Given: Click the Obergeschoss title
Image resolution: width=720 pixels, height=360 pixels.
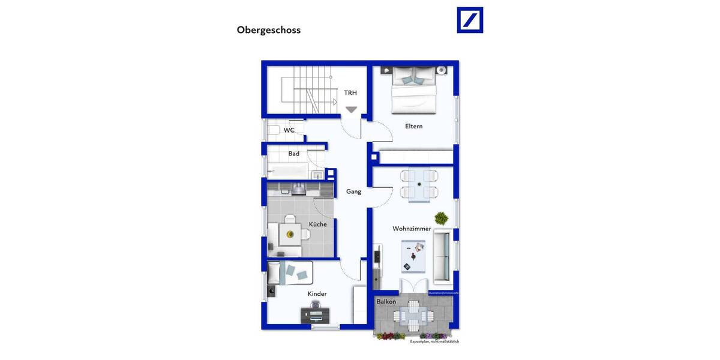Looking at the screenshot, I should click(x=268, y=30).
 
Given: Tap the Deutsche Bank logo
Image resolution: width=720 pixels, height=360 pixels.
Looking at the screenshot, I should click(x=470, y=20).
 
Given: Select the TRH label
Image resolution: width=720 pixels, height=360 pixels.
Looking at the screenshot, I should click(x=350, y=92).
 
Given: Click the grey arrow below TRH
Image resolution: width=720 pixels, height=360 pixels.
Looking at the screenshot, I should click(x=351, y=110).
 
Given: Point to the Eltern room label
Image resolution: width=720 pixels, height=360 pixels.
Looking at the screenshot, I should click(x=413, y=126).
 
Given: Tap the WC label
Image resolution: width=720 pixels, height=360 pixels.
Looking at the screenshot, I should click(x=289, y=130).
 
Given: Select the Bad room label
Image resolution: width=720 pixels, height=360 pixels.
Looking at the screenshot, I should click(x=293, y=154).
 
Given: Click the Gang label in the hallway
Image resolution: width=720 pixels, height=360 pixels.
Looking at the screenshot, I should click(x=353, y=191).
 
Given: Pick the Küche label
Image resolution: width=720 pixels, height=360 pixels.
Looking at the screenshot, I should click(x=318, y=224).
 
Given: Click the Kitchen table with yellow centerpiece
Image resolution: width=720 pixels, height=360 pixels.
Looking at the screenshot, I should click(x=290, y=234).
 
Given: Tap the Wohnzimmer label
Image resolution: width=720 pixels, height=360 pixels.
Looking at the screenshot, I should click(x=412, y=229).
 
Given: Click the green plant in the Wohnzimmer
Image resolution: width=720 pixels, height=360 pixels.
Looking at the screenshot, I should click(x=442, y=218).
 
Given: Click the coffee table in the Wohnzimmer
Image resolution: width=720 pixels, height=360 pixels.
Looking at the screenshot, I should click(x=413, y=256).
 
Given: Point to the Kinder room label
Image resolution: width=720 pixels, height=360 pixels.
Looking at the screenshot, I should click(x=317, y=293).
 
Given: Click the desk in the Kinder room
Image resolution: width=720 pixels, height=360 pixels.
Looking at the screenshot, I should click(x=315, y=315).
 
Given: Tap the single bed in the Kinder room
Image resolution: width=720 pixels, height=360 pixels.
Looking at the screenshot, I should click(x=290, y=272).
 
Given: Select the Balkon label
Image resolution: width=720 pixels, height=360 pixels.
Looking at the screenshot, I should click(x=386, y=301).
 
